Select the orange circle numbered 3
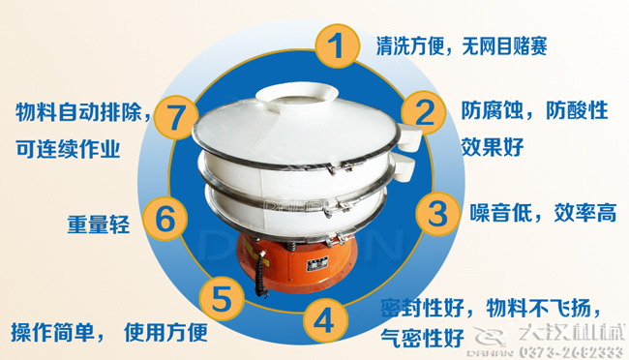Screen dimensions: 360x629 pyautogui.click(x=437, y=212)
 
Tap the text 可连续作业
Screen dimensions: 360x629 pyautogui.click(x=68, y=148)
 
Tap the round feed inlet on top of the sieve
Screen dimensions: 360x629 pyautogui.click(x=298, y=94)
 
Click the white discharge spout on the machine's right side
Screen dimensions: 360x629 pyautogui.click(x=409, y=141)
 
